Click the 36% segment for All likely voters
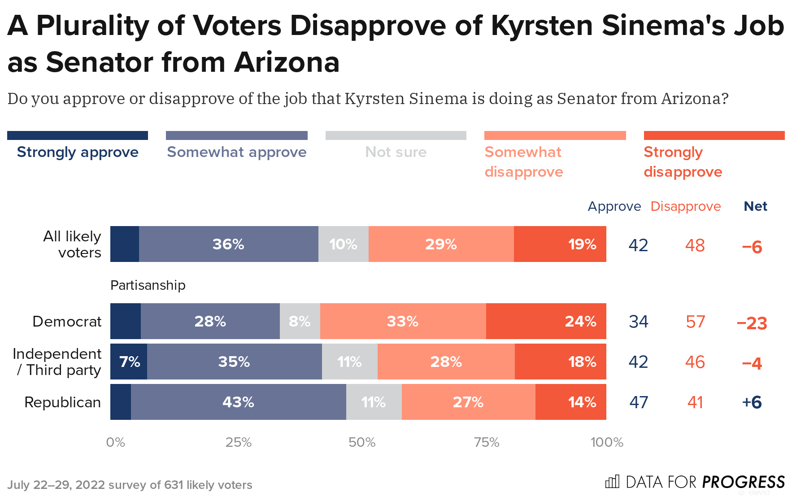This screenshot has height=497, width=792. pos(228,244)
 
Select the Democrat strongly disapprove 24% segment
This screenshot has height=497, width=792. pos(546,321)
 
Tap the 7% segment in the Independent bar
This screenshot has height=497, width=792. pos(129,362)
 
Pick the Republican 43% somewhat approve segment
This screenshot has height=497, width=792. pos(238,402)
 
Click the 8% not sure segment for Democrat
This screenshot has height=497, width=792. pos(300,321)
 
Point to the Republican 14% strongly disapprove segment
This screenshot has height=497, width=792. pos(570,402)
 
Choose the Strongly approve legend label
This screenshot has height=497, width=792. pos(78,152)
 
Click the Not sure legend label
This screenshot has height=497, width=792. pos(396,152)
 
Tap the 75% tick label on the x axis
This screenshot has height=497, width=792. pos(487,443)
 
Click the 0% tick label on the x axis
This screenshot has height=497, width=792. pos(115,443)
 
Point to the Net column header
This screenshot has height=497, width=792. pos(755,206)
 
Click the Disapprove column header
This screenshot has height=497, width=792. pos(686,206)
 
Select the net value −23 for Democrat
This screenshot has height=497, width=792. pos(752,323)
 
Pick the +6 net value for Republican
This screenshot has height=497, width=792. pos(752,402)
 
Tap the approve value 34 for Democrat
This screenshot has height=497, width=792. pos(639,322)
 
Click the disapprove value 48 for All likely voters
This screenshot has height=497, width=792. pos(695,245)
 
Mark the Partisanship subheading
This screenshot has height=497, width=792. pos(148,285)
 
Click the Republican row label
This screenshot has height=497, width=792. pos(62,402)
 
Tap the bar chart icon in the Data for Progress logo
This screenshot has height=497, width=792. pos(612,482)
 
